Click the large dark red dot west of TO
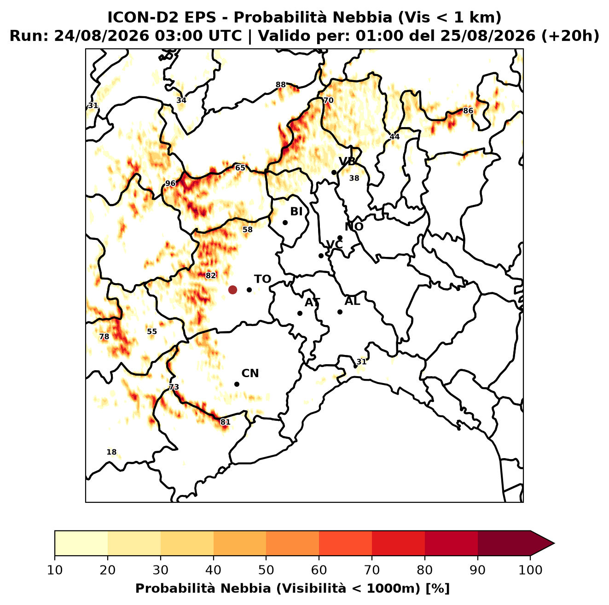pyautogui.click(x=232, y=289)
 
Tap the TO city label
pyautogui.click(x=262, y=279)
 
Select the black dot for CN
pyautogui.click(x=237, y=384)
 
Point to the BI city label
pyautogui.click(x=296, y=211)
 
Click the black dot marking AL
pyautogui.click(x=340, y=312)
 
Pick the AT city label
pyautogui.click(x=312, y=302)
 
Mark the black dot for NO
pyautogui.click(x=340, y=238)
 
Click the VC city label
pyautogui.click(x=334, y=244)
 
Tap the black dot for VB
pyautogui.click(x=334, y=172)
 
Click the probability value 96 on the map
pyautogui.click(x=170, y=183)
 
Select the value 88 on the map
pyautogui.click(x=280, y=85)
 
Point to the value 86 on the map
pyautogui.click(x=468, y=111)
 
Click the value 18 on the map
pyautogui.click(x=111, y=452)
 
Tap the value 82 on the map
pyautogui.click(x=211, y=275)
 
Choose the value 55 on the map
pyautogui.click(x=152, y=332)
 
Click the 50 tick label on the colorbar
pyautogui.click(x=266, y=570)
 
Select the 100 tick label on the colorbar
pyautogui.click(x=530, y=570)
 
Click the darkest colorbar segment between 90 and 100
pyautogui.click(x=504, y=543)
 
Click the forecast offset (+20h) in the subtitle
pyautogui.click(x=570, y=36)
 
